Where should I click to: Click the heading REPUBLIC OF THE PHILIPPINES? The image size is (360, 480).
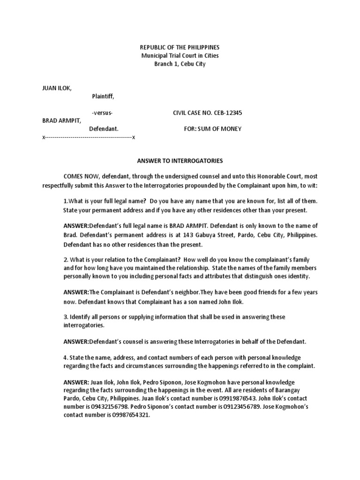tap(180, 47)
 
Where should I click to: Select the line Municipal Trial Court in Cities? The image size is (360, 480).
tap(180, 56)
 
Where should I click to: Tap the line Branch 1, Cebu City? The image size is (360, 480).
tap(180, 64)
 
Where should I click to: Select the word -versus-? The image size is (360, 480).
tap(102, 113)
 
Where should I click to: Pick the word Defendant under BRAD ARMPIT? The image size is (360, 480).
tap(103, 129)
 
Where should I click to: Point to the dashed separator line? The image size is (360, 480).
tap(89, 137)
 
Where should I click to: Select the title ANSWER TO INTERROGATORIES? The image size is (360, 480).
tap(180, 161)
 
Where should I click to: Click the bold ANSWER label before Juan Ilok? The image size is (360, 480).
tap(76, 382)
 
